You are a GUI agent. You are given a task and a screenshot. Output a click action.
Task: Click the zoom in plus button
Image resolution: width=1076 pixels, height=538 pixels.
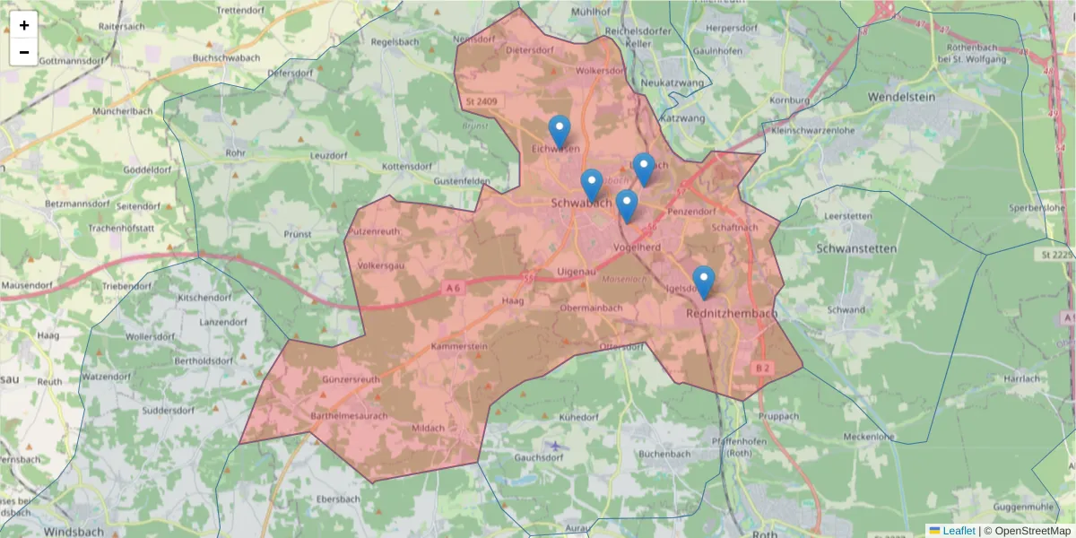tap(24, 25)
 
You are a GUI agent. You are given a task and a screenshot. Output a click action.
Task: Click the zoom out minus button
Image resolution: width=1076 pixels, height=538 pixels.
tap(24, 52)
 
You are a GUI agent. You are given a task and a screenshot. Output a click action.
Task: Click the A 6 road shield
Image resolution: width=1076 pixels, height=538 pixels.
tap(455, 288)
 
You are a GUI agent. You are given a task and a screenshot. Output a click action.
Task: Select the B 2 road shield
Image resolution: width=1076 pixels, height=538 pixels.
tap(763, 369)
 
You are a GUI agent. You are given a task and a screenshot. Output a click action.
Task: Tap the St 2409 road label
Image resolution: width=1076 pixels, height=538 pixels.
tap(482, 102)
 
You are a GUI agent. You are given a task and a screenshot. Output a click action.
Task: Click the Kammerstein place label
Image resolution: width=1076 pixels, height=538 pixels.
tap(459, 346)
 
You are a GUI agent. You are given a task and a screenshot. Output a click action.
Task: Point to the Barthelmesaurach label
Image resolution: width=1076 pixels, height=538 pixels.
tap(349, 417)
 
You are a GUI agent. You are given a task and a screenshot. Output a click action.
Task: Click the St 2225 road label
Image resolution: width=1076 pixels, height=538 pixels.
tap(1059, 256)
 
